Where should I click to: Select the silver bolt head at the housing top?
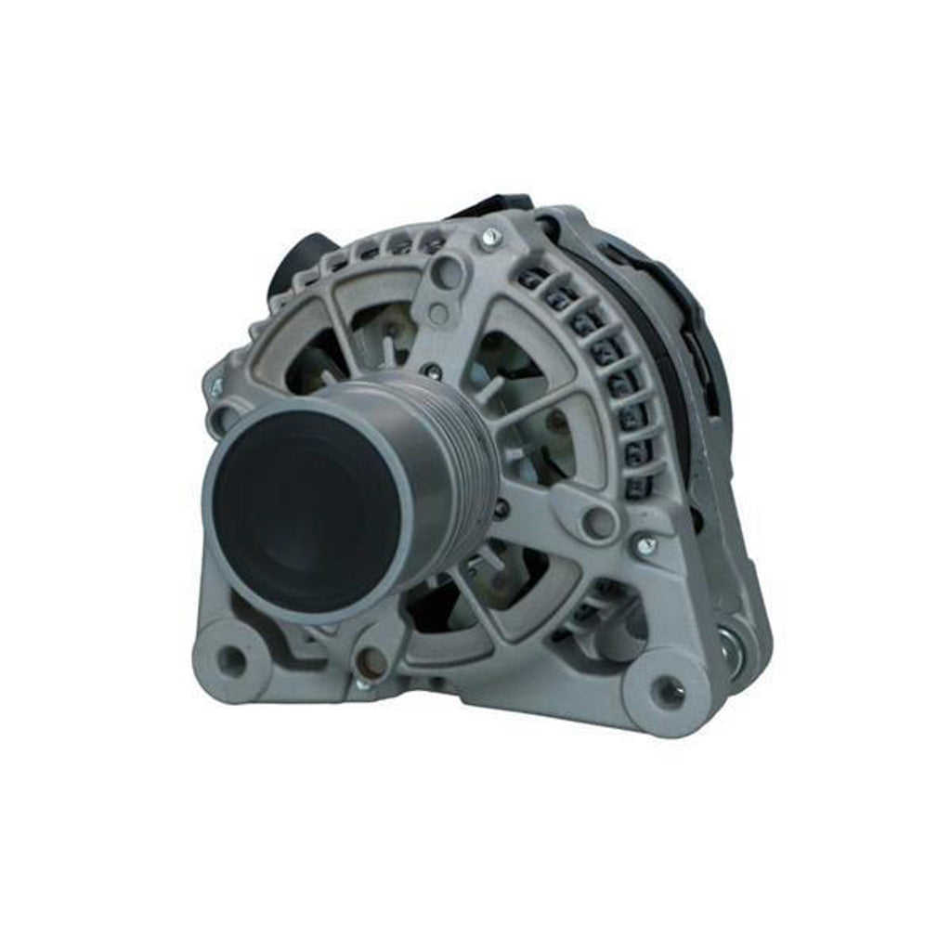click(490, 239)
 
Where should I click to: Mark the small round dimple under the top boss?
click(438, 313)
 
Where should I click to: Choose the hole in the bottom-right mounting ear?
click(666, 690)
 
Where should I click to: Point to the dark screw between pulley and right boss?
click(502, 510)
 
